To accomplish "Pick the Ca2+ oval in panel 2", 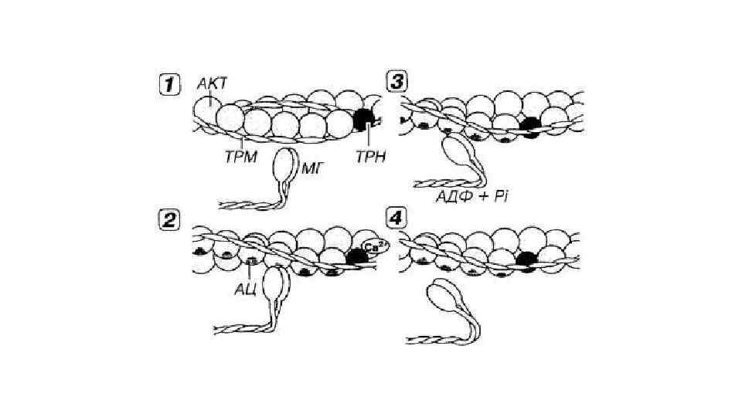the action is [x=375, y=248].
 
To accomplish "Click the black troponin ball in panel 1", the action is [x=362, y=119].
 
